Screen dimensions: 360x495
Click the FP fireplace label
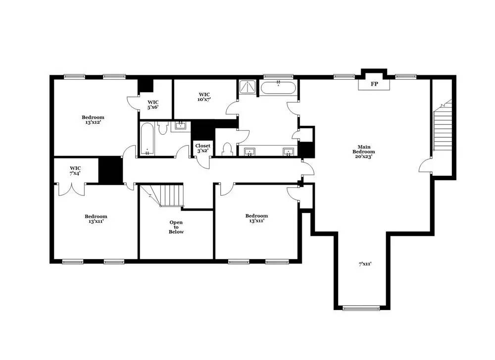click(374, 85)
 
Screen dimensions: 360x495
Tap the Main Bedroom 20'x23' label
click(363, 152)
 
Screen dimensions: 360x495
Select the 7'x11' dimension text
click(365, 264)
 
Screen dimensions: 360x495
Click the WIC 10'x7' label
click(204, 97)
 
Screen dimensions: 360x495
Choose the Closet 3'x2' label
click(203, 148)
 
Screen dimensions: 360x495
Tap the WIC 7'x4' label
click(75, 171)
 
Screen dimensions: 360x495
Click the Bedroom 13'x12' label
click(93, 120)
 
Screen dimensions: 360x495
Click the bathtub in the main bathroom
click(278, 89)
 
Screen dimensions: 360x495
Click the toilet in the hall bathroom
click(162, 129)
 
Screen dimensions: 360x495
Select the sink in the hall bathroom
click(181, 126)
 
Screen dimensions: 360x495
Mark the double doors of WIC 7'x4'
click(72, 189)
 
